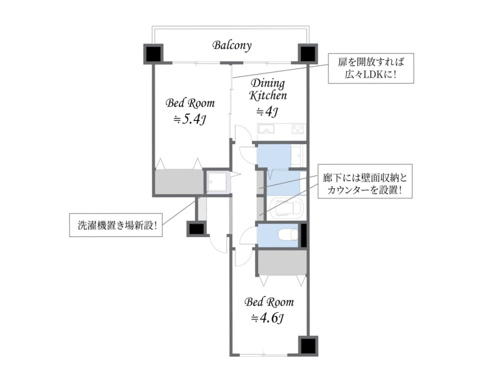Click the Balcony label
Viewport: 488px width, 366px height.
pos(232,45)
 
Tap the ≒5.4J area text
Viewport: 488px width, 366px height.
pos(190,119)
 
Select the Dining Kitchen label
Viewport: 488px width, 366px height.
pos(268,89)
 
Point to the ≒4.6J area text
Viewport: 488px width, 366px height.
pos(267,318)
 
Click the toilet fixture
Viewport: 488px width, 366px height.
pos(288,235)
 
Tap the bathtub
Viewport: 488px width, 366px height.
pos(286,208)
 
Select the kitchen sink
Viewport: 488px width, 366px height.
pos(267,129)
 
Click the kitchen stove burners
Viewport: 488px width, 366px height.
pos(298,128)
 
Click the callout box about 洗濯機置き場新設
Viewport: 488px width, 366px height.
pos(116,225)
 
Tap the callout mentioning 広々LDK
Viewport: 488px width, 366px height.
pos(371,68)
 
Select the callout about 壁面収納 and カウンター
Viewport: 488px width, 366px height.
pos(365,181)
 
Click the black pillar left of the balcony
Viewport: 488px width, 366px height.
pos(154,54)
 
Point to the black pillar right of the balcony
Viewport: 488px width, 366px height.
pos(308,54)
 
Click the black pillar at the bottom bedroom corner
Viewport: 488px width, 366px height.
pos(308,346)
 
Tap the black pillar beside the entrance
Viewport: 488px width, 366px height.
pos(196,229)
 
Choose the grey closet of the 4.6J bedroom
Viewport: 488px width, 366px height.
pos(282,263)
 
